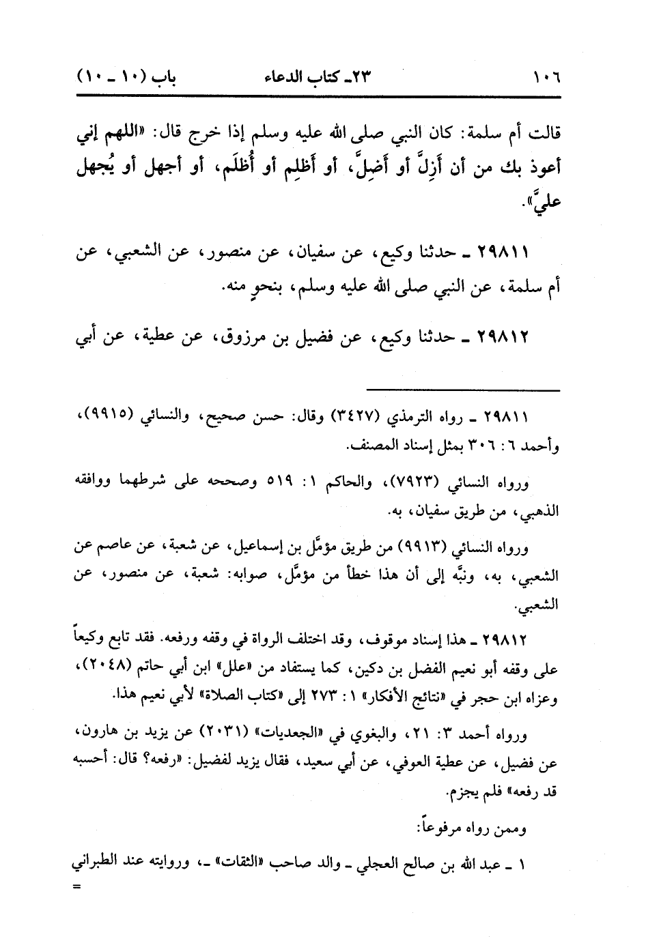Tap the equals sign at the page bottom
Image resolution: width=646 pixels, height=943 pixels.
click(x=76, y=887)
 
